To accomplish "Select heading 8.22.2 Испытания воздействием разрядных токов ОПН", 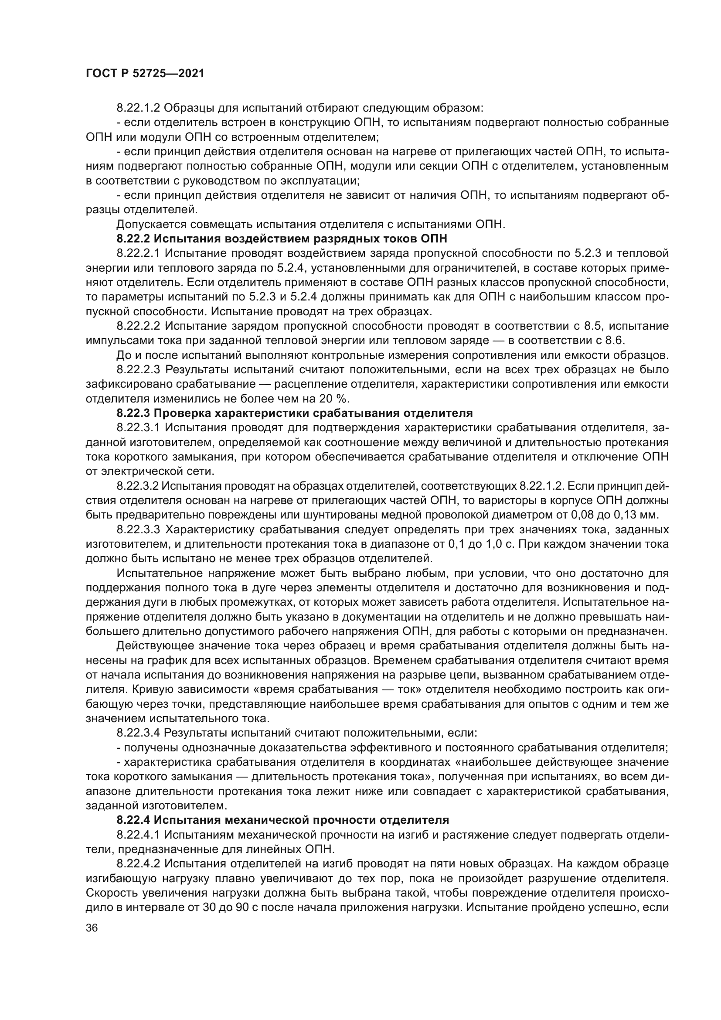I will click(x=282, y=239).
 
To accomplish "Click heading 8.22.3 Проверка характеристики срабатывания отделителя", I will click(x=294, y=413).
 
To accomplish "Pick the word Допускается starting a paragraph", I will click(x=149, y=224).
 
